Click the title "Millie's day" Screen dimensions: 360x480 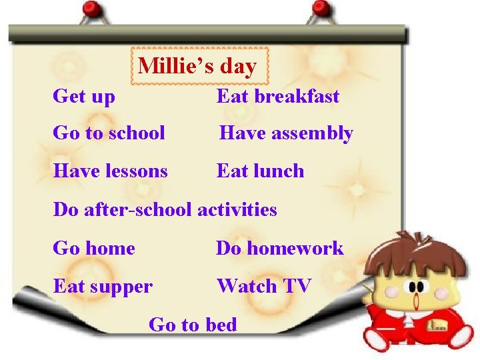click(x=197, y=67)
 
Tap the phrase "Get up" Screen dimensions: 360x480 click(x=84, y=97)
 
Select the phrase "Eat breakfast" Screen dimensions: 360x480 click(x=278, y=96)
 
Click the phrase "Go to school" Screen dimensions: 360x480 click(x=109, y=133)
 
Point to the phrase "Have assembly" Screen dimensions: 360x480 click(x=286, y=133)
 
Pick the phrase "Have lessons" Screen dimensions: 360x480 click(x=110, y=171)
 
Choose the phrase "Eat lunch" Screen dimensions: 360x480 click(x=260, y=171)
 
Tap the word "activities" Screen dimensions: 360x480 click(x=237, y=209)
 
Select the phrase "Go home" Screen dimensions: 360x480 click(x=94, y=249)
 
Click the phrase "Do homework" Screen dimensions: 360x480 click(x=279, y=249)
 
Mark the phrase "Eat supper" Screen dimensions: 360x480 click(x=103, y=287)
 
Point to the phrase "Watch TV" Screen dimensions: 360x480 click(x=264, y=287)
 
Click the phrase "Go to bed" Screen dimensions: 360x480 click(x=193, y=325)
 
